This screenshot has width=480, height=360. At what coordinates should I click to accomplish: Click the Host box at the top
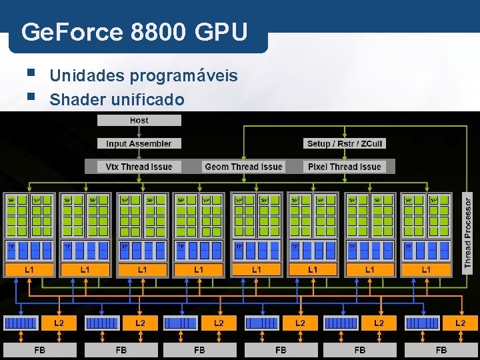point(139,121)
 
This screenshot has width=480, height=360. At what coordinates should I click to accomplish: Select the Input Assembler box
point(139,143)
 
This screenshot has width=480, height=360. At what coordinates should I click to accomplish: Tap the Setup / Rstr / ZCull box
point(345,143)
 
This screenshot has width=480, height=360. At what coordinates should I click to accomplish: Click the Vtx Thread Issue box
point(139,167)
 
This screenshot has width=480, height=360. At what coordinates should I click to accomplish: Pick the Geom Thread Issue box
point(243,167)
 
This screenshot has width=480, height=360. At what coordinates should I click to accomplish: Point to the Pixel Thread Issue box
point(345,167)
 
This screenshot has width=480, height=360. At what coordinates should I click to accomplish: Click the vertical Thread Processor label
point(468,231)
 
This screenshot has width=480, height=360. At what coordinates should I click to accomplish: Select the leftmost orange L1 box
point(29,270)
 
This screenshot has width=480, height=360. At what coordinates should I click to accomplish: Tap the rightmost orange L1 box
point(426,270)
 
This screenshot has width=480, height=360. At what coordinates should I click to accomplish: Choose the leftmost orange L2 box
point(59,323)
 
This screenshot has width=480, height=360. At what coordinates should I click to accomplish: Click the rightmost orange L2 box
point(460,323)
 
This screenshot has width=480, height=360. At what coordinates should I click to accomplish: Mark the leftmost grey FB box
point(40,349)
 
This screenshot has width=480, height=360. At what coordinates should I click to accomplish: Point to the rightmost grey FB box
point(441,349)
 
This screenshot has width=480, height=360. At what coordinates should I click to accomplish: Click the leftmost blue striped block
point(22,323)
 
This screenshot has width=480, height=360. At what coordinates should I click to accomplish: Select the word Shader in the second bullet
point(73,100)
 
